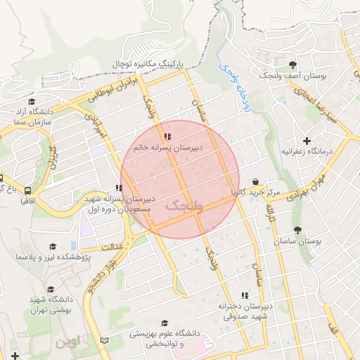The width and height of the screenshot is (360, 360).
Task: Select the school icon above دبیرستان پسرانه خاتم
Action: click(167, 137)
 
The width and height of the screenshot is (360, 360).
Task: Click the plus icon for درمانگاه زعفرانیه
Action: click(307, 141)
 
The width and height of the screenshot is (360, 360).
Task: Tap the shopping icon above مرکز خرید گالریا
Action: click(264, 181)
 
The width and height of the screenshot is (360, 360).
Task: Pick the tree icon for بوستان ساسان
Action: click(298, 230)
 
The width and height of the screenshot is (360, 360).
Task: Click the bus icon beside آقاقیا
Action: click(27, 191)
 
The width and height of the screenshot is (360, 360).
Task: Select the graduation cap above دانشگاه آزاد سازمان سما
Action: click(32, 102)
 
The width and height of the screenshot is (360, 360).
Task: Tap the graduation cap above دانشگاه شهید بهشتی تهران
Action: click(50, 289)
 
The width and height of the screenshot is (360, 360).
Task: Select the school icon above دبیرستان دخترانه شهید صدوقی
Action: click(245, 295)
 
